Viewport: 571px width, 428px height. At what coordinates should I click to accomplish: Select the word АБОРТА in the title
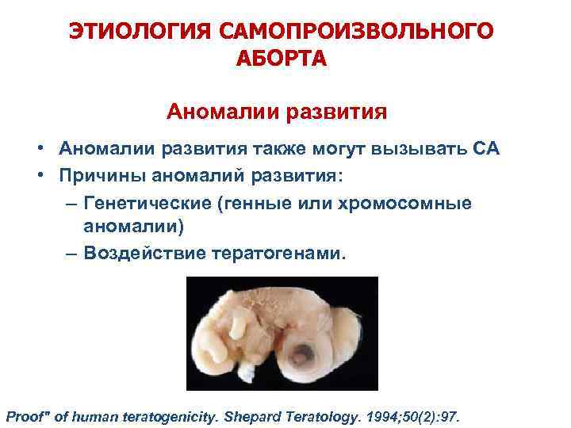(281, 59)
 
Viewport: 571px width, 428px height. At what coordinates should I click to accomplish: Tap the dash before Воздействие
(73, 254)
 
